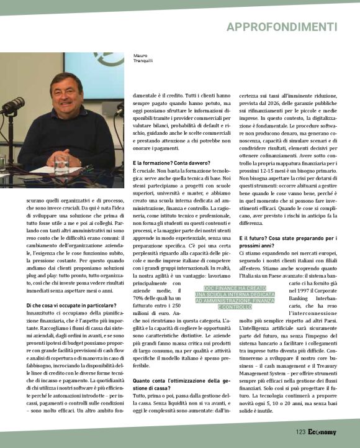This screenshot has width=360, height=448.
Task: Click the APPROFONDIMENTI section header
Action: (x=281, y=27)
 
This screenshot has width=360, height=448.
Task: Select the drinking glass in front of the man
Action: (x=60, y=164)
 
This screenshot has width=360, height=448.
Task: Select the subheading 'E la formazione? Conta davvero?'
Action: (x=167, y=162)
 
